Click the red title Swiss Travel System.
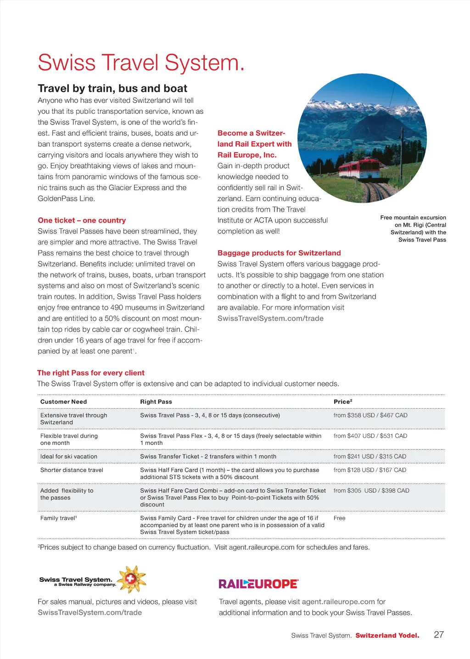click(141, 63)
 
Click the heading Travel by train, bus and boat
click(112, 88)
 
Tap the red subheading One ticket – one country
click(82, 220)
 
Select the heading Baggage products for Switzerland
click(279, 253)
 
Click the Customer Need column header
click(63, 402)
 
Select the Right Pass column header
click(156, 402)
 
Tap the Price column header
click(343, 402)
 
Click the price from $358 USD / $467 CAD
click(370, 415)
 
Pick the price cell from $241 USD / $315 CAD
click(369, 456)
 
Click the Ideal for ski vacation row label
click(69, 456)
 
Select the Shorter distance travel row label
click(72, 470)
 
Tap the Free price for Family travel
click(340, 518)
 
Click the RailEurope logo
click(258, 584)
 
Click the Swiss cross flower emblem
click(132, 579)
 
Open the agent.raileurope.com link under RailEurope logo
click(338, 602)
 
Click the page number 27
click(439, 635)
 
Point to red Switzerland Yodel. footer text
click(387, 636)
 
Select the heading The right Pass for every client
click(91, 373)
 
